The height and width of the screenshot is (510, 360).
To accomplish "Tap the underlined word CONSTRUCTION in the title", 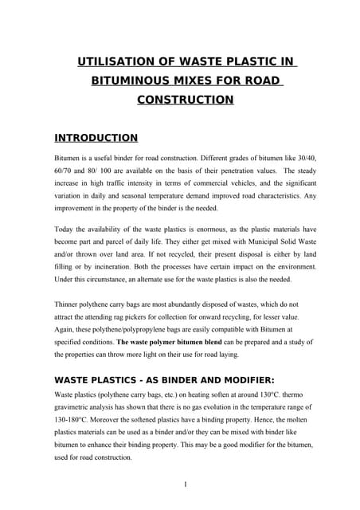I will point(186,100).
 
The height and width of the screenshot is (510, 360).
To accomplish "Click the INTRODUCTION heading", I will point(96,138).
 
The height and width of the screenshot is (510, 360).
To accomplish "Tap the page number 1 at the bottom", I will point(185,484).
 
